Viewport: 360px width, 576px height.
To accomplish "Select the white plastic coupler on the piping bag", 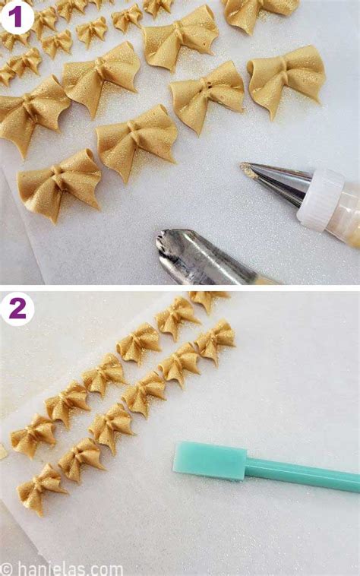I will click(321, 198).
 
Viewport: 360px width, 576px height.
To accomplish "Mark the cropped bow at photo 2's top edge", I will click(207, 298).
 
